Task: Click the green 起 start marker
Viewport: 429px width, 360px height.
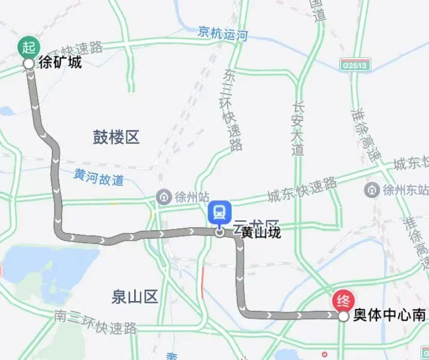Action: pyautogui.click(x=29, y=47)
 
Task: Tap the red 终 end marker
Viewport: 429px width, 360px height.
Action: pyautogui.click(x=343, y=300)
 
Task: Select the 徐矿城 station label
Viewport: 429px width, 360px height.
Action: pyautogui.click(x=61, y=63)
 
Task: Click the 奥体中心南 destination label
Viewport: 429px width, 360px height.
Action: pyautogui.click(x=390, y=315)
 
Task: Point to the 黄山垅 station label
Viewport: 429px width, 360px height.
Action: pyautogui.click(x=261, y=233)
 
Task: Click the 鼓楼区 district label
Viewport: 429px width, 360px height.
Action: pyautogui.click(x=117, y=137)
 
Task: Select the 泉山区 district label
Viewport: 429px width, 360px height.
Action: pyautogui.click(x=134, y=297)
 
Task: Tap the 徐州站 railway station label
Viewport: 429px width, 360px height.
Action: pyautogui.click(x=192, y=197)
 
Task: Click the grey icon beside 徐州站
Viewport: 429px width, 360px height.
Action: pyautogui.click(x=164, y=197)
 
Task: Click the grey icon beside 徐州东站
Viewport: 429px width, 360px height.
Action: pyautogui.click(x=371, y=189)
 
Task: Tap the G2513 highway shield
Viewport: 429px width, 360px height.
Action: pyautogui.click(x=354, y=65)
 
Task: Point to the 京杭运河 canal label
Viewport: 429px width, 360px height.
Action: pyautogui.click(x=223, y=34)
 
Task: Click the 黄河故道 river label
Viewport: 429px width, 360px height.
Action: pyautogui.click(x=98, y=178)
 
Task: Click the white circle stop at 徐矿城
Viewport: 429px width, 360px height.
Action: pyautogui.click(x=29, y=64)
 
